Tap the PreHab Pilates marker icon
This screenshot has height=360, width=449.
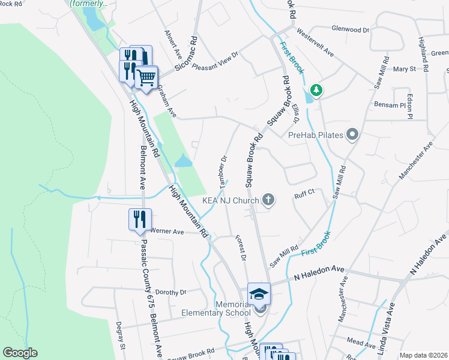352,135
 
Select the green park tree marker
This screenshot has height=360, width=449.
316,91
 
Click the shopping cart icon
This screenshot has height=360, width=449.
146,76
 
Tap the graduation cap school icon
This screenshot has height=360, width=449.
259,293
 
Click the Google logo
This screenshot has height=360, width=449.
20,353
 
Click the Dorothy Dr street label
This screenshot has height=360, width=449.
171,292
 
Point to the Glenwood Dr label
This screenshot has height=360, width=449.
350,29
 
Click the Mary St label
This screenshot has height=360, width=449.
405,69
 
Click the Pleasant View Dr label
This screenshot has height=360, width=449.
215,62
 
